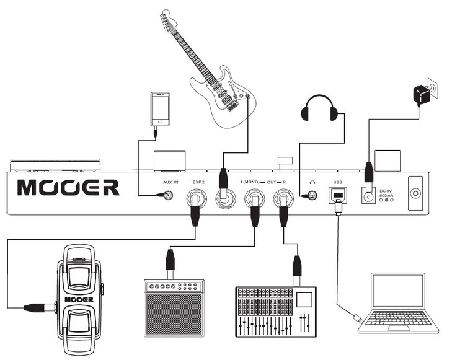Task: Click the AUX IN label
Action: click(170, 182)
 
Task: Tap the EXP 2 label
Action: click(198, 182)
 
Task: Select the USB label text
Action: click(337, 182)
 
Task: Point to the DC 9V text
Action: click(386, 191)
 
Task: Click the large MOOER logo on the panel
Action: click(68, 188)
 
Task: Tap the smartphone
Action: click(160, 109)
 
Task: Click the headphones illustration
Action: click(319, 108)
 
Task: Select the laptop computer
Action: click(398, 303)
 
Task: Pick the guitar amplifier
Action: click(174, 308)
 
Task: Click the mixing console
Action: click(276, 312)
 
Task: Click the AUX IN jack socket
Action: click(169, 195)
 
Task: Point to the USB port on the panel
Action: click(338, 195)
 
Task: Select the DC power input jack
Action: click(369, 196)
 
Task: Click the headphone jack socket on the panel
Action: click(312, 195)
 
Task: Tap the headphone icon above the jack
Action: click(312, 183)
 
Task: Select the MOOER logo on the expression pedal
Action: click(79, 299)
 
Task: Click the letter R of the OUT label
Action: click(284, 182)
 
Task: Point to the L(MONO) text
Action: click(250, 182)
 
